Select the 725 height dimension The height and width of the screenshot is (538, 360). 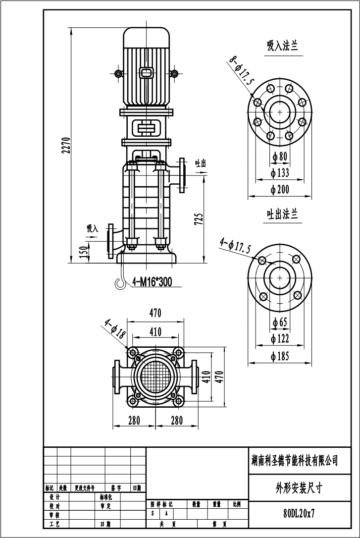click(x=199, y=219)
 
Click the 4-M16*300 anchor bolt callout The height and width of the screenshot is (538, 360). click(x=152, y=282)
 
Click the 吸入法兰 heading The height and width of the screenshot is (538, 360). click(x=282, y=46)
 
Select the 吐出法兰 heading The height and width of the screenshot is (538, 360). click(x=282, y=214)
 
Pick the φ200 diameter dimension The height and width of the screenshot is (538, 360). click(x=280, y=189)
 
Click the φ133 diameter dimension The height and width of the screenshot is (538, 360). click(x=280, y=173)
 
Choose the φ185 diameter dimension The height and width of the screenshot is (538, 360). click(x=280, y=356)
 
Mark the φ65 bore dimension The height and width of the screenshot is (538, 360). click(x=280, y=322)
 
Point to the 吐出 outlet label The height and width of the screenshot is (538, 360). click(x=200, y=163)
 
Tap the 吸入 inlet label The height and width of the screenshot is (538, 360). click(x=93, y=228)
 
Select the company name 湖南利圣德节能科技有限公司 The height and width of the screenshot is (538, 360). click(x=295, y=461)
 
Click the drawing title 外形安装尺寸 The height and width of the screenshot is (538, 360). click(x=299, y=487)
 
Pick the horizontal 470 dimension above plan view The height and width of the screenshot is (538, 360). click(x=155, y=313)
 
